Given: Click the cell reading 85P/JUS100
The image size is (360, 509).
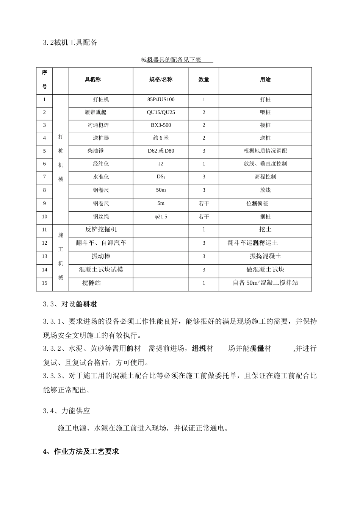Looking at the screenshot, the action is pos(161,100).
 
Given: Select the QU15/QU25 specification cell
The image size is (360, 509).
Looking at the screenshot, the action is pos(161,112).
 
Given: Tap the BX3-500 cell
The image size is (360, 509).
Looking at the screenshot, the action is pos(161,125).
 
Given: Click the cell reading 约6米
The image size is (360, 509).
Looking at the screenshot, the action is pos(161,138).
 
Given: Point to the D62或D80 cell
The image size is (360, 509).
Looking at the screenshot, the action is pos(161,151).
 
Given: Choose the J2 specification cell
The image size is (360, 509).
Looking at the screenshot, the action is pos(161,164).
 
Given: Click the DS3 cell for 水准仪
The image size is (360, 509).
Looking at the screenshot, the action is pos(161,177).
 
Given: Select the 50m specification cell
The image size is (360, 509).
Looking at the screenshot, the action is pos(161,190).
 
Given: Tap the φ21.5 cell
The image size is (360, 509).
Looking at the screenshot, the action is pos(161,217).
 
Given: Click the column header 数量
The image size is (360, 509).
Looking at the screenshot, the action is pos(203,80).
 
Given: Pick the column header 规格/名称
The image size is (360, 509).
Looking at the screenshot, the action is pos(161,80).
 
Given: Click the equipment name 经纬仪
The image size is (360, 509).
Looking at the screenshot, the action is pos(101,164).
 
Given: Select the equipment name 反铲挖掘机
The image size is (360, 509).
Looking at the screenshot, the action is pos(101,230).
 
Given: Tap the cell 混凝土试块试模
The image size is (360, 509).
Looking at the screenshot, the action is pos(101,270).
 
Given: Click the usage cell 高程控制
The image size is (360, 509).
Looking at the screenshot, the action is pos(265,177).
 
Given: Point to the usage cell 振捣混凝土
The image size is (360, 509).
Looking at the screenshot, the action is pos(265,256).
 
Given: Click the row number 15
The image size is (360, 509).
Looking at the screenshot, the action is pos(44,283).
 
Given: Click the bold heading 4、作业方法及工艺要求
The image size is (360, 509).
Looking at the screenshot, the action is pos(81,451).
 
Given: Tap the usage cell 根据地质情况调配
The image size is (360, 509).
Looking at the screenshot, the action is pos(265,151).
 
